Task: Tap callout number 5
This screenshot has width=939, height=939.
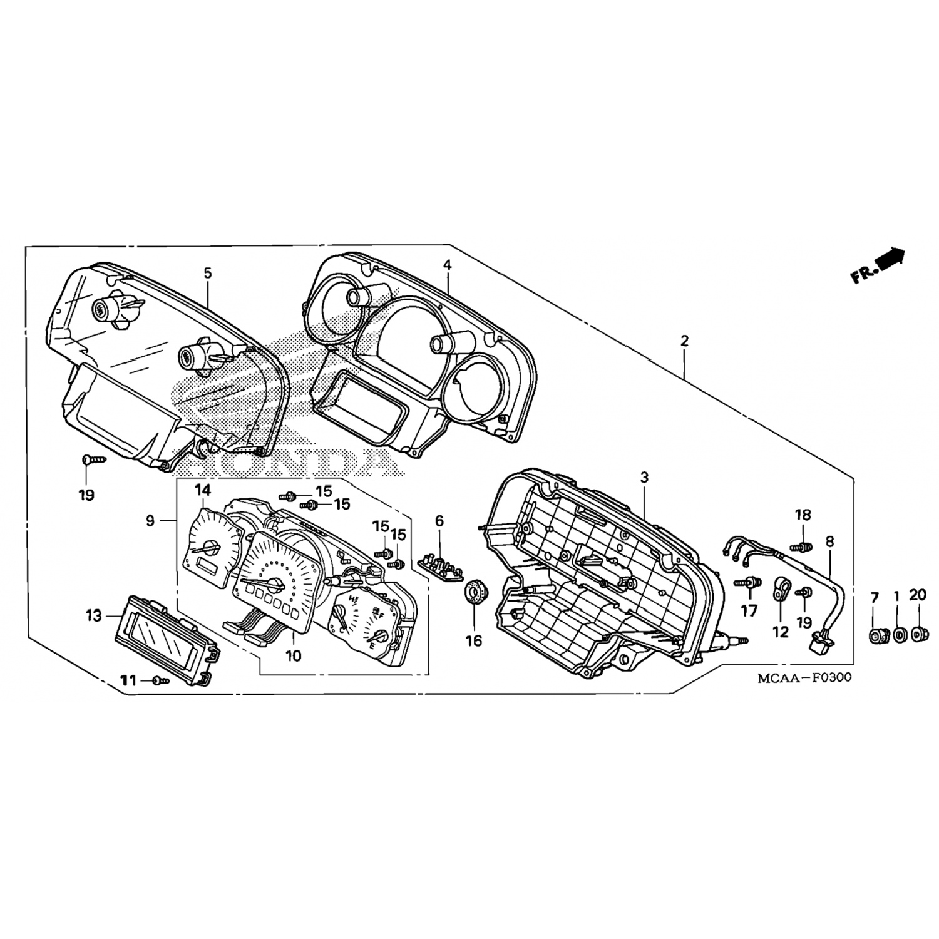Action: pos(208,273)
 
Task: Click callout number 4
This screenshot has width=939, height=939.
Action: pos(447,265)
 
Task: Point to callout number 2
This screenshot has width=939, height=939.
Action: pos(684,341)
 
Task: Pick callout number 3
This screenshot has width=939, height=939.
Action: pos(645,478)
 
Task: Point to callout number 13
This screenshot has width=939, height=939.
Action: pos(94,617)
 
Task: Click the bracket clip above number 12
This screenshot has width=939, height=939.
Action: pos(781,588)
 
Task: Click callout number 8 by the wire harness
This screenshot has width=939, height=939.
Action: pos(830,542)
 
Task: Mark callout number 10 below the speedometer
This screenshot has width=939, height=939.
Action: pos(294,655)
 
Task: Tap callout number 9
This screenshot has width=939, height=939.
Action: pos(150,521)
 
